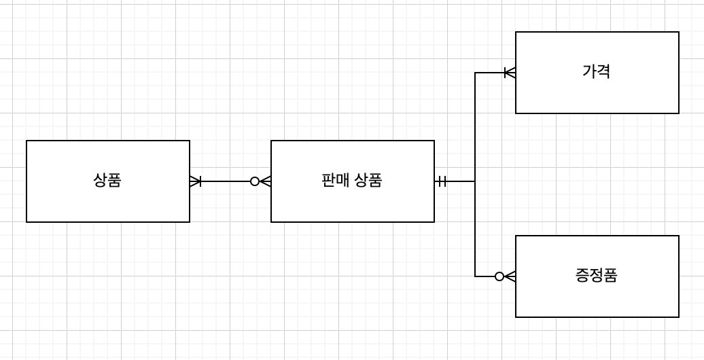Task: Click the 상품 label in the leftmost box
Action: [107, 181]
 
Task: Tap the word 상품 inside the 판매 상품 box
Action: [368, 181]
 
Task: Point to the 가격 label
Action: [596, 71]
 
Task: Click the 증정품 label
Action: [596, 276]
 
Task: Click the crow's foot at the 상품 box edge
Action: [195, 181]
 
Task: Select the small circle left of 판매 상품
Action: [255, 181]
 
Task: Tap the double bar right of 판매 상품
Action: [442, 181]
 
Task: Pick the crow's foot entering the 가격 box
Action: [510, 73]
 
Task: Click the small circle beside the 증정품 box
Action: [499, 276]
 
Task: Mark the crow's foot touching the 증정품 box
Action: [510, 276]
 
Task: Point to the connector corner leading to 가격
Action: [475, 73]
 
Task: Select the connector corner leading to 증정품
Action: [475, 276]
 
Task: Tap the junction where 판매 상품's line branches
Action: [475, 181]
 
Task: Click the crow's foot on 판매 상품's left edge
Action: [266, 181]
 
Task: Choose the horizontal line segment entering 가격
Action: [489, 73]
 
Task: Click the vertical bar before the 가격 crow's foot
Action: [505, 73]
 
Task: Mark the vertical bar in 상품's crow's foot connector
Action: [200, 181]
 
